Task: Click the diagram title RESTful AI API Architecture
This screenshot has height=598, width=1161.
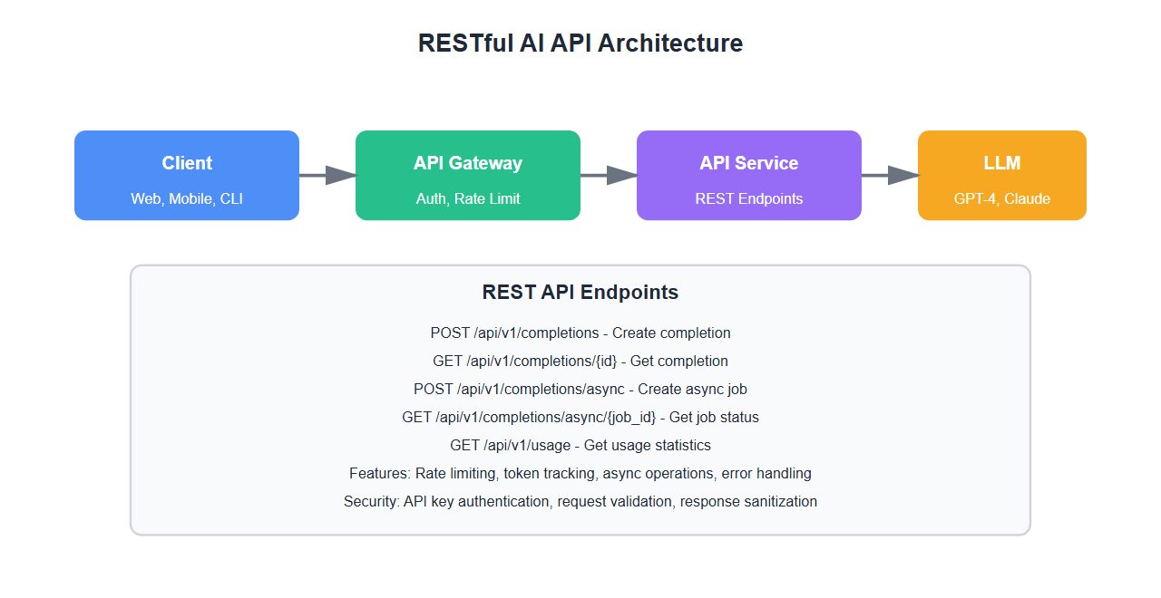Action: tap(580, 43)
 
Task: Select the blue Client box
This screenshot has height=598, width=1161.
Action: tap(186, 176)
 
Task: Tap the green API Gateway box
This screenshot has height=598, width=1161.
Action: tap(467, 176)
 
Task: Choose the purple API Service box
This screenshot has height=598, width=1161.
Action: tap(748, 176)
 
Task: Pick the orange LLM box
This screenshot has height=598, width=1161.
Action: tap(1001, 176)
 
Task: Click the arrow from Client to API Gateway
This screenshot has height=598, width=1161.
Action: tap(327, 176)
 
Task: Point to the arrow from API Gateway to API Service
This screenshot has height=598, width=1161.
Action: tap(609, 176)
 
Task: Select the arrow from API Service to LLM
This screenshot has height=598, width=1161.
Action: tap(890, 176)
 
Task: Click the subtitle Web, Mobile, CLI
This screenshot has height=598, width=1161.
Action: tap(187, 198)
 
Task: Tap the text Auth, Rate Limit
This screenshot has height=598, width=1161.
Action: tap(468, 198)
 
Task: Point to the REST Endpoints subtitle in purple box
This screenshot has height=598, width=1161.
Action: tap(749, 198)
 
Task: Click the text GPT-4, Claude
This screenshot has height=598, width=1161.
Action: tap(1002, 198)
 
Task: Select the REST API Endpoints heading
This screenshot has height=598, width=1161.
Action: tap(580, 293)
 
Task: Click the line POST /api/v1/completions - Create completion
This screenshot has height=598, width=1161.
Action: tap(580, 333)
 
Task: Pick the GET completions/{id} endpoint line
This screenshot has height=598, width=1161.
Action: tap(580, 361)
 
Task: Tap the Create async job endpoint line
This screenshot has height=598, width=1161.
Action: tap(580, 389)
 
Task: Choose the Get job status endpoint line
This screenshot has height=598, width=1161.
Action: tap(580, 417)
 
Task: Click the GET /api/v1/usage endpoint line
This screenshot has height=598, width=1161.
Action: tap(580, 445)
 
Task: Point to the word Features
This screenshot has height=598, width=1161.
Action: tap(377, 473)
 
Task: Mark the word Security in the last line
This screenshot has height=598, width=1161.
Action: tap(371, 501)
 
